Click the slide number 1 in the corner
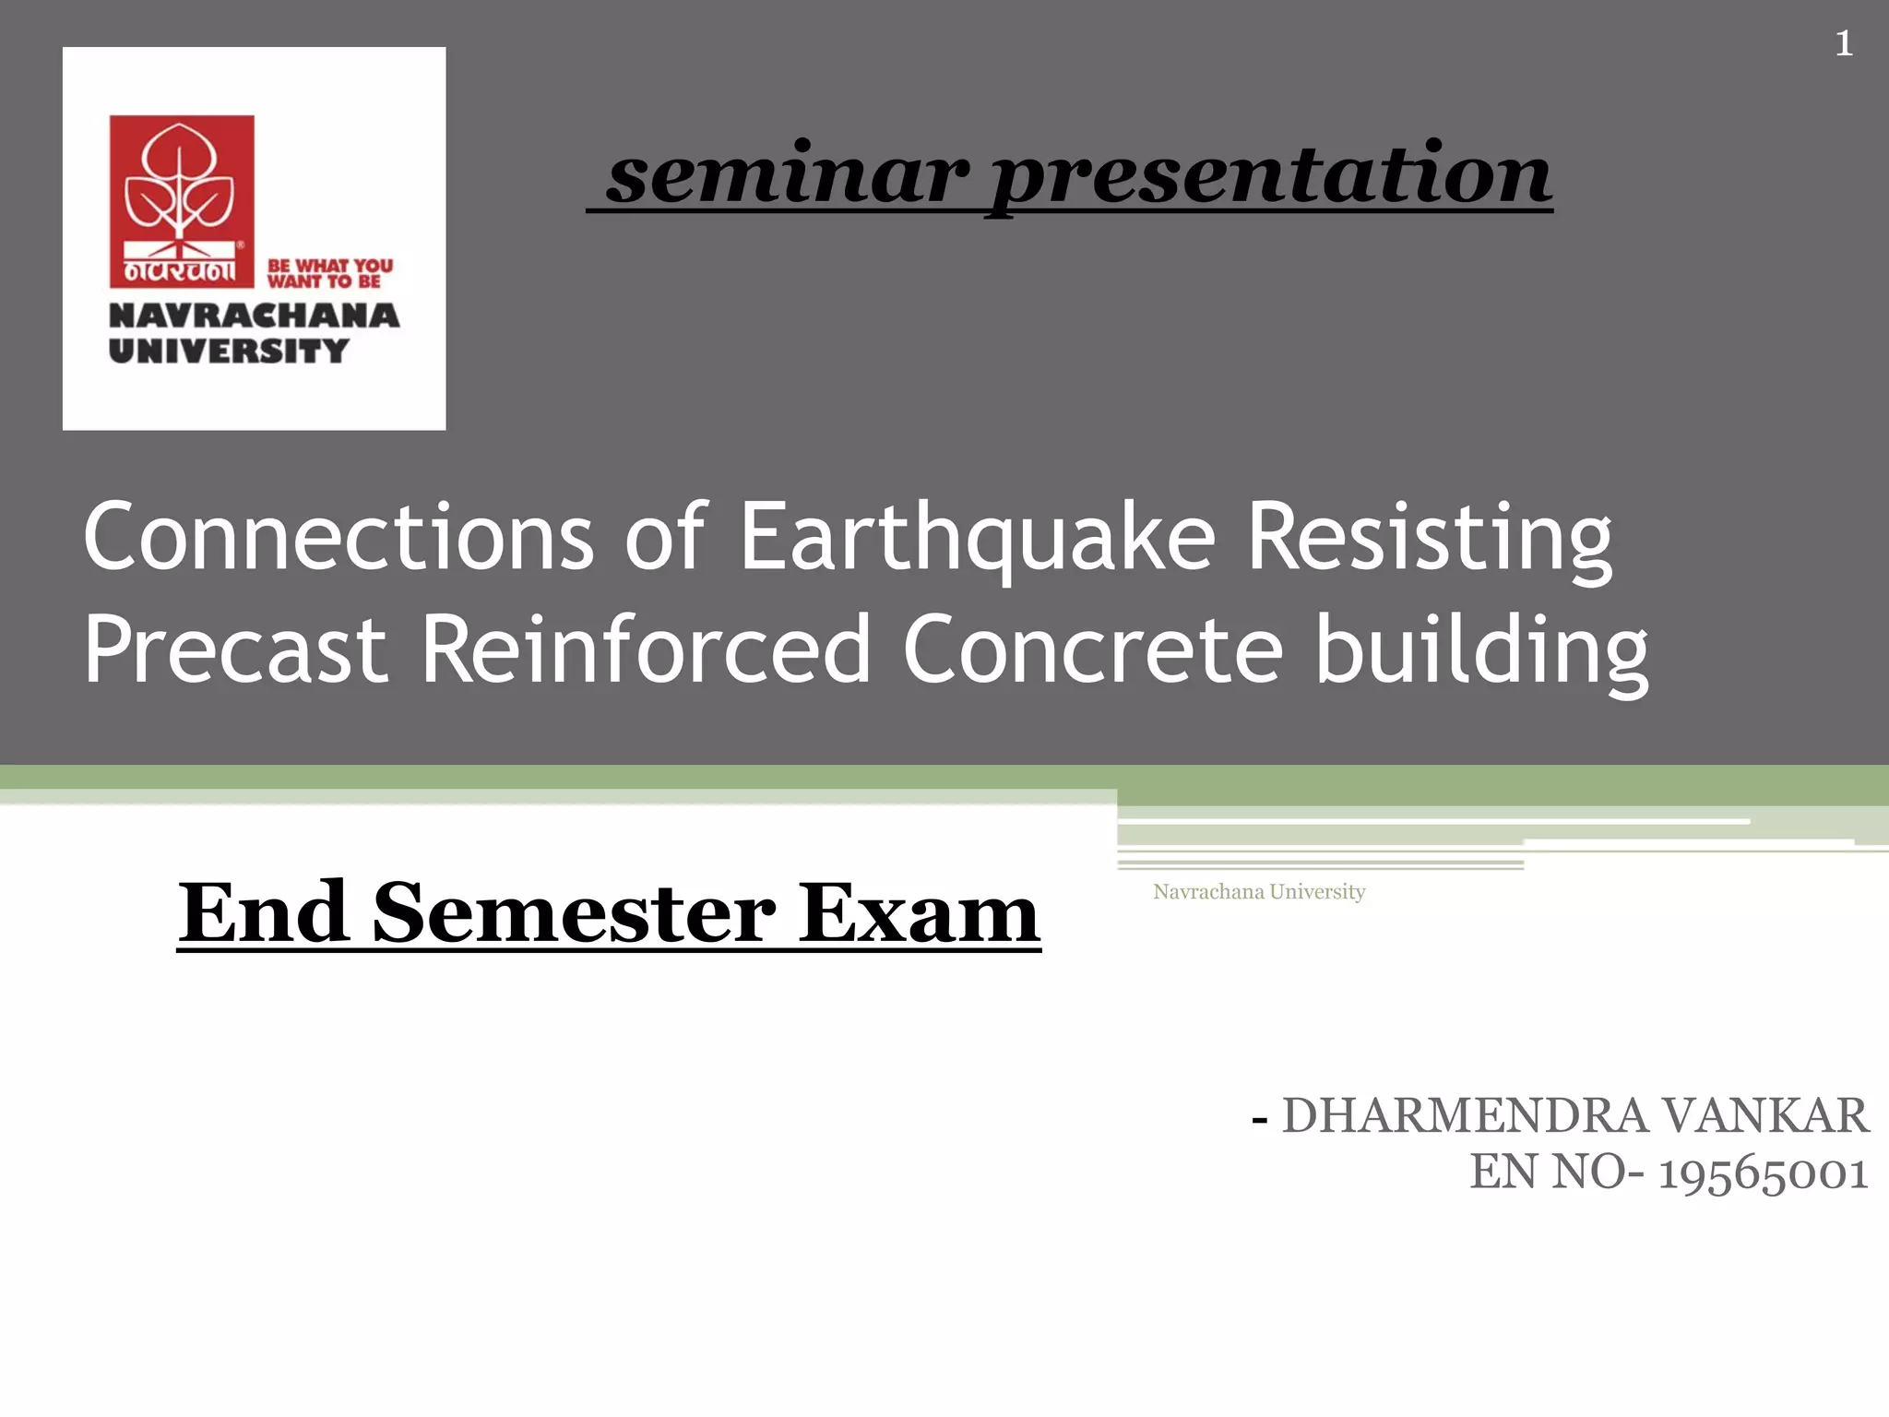tap(1843, 43)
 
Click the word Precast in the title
tap(235, 649)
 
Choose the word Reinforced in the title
tap(646, 649)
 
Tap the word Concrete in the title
tap(1093, 649)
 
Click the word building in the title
tap(1481, 651)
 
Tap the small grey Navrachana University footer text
tap(1258, 891)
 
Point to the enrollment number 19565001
tap(1763, 1173)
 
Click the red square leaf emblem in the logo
tap(182, 200)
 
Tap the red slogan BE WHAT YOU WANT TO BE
tap(329, 273)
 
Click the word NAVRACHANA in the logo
tap(254, 316)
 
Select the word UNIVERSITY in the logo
tap(229, 351)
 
